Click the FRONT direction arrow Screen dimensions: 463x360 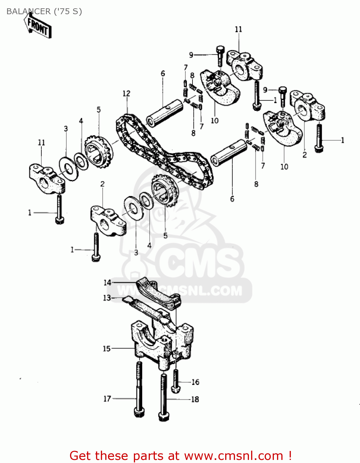tap(38, 27)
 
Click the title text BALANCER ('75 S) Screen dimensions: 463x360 tap(44, 11)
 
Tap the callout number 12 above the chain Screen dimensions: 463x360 tap(126, 93)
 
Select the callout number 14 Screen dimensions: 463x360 tap(107, 282)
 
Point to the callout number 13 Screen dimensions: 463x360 tap(107, 298)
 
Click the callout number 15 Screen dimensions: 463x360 tap(106, 348)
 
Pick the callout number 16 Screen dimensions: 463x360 tap(196, 382)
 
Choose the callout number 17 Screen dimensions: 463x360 tap(107, 399)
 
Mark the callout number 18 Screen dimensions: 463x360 tap(195, 399)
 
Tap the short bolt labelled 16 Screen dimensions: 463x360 tap(176, 381)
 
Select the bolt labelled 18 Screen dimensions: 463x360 tap(163, 398)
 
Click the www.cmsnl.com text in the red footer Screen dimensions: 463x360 tap(234, 456)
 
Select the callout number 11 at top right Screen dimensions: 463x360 tap(238, 29)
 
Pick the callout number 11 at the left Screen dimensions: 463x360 tap(41, 142)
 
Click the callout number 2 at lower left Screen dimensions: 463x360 tap(102, 184)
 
